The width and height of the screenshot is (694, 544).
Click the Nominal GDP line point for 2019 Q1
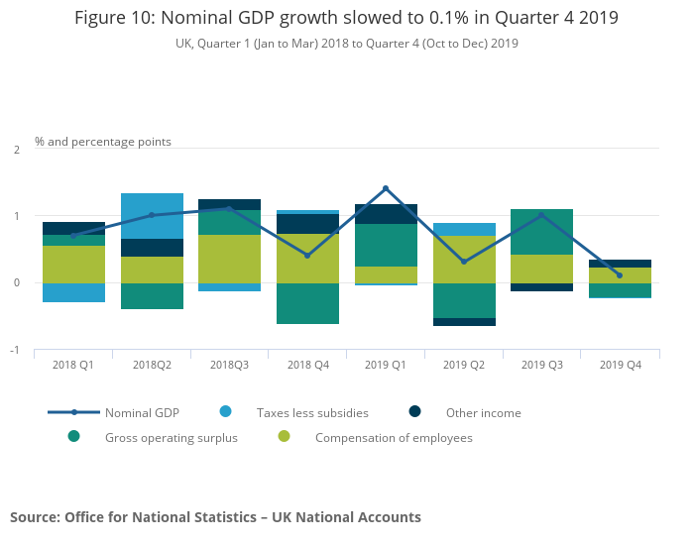386,188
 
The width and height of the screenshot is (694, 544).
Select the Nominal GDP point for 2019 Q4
620,275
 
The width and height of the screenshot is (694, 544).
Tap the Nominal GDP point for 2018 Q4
307,256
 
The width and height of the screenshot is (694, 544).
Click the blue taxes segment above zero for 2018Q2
152,216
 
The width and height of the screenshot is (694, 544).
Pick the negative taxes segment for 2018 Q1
73,292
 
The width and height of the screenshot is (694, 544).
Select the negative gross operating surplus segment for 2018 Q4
307,303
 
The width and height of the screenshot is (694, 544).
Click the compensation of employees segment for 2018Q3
229,259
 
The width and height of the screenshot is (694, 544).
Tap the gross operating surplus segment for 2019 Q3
541,232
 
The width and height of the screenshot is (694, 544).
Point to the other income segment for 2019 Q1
386,214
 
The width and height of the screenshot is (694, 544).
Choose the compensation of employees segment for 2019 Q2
464,259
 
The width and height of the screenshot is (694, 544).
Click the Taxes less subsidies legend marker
225,412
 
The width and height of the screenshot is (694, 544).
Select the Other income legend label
483,413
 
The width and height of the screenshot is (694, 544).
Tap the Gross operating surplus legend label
172,438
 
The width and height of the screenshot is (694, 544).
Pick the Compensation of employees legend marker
284,437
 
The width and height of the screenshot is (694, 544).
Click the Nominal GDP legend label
141,413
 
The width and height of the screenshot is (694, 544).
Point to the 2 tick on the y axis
17,150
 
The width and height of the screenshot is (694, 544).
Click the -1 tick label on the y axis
15,351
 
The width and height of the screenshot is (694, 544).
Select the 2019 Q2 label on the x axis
464,366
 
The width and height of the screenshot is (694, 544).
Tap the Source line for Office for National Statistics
215,517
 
